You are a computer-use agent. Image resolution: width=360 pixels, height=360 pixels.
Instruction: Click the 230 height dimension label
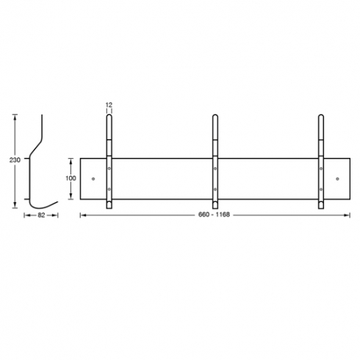click(x=15, y=160)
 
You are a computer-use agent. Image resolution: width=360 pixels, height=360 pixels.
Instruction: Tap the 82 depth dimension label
click(x=41, y=215)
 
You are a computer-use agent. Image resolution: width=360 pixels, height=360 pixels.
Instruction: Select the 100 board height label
click(x=71, y=179)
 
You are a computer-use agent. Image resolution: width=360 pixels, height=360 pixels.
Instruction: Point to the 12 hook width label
click(x=109, y=105)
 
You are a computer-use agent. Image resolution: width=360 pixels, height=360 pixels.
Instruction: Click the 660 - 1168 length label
click(x=214, y=215)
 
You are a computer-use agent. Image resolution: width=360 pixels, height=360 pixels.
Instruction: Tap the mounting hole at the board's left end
click(x=93, y=179)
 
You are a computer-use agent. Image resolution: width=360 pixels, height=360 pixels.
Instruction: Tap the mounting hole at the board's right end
click(x=337, y=179)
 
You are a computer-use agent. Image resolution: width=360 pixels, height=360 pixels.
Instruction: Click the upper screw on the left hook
click(x=109, y=168)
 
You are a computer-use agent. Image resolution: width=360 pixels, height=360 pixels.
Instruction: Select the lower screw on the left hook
click(x=109, y=190)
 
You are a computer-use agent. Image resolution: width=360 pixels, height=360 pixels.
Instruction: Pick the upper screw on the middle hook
click(x=215, y=168)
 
